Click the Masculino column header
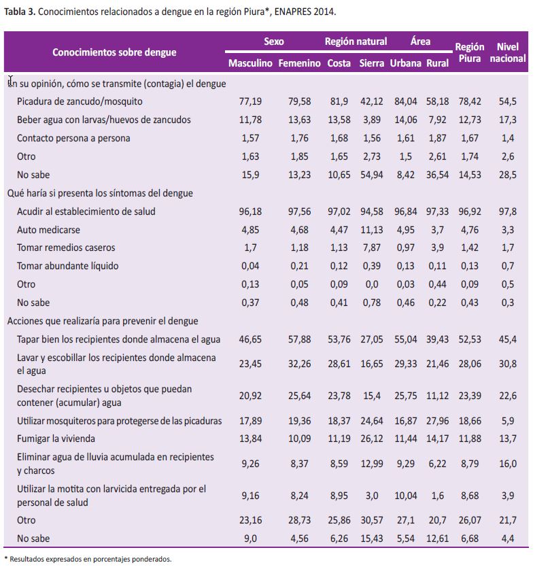point(250,63)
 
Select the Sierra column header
point(372,63)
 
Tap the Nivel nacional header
point(508,52)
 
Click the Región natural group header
point(356,41)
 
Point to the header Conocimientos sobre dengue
point(114,52)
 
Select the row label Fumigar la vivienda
point(56,439)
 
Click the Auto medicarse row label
point(48,230)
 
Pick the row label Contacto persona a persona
point(73,138)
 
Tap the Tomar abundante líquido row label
point(67,266)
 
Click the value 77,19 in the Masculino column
point(250,101)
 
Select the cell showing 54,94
point(372,175)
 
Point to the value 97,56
point(299,211)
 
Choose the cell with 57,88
point(299,339)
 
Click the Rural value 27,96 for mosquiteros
point(437,421)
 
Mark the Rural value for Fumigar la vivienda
point(437,439)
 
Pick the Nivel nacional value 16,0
point(508,464)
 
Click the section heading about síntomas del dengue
point(100,193)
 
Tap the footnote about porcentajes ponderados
point(88,559)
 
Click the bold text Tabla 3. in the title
point(20,12)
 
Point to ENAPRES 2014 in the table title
point(305,12)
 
